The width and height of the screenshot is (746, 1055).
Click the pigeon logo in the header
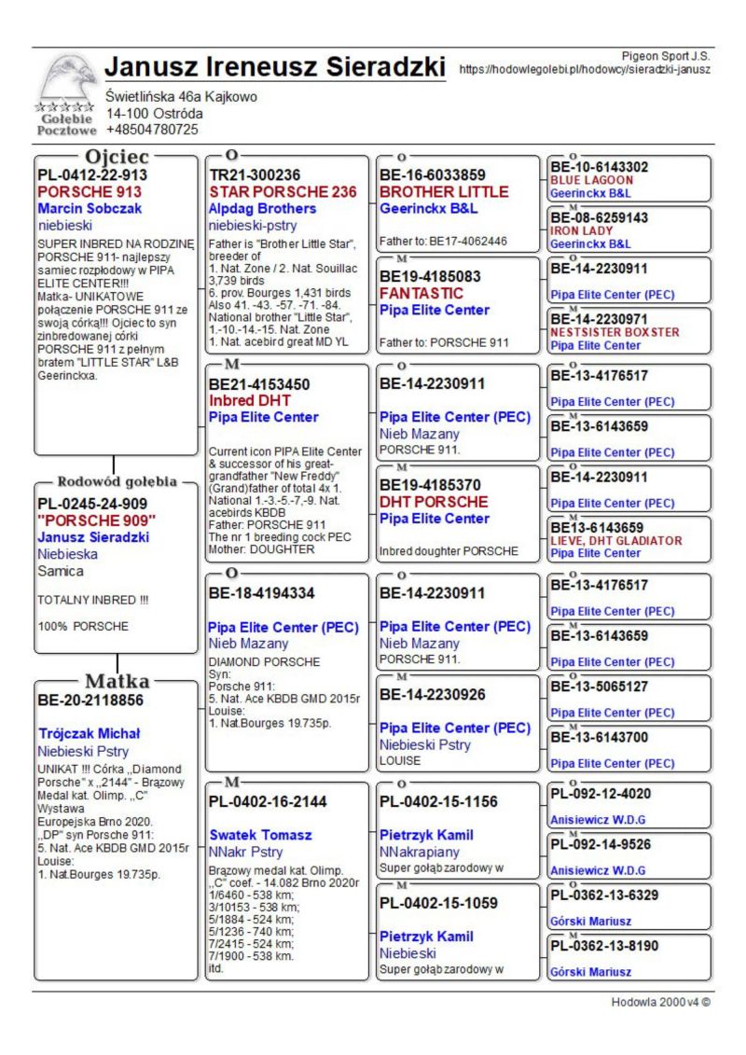(65, 79)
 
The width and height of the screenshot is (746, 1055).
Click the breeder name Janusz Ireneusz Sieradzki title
(276, 68)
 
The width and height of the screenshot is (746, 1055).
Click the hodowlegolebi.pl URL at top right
(585, 69)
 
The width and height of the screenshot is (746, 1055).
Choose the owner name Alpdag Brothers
(262, 208)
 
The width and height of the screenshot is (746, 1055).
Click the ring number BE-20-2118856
(92, 699)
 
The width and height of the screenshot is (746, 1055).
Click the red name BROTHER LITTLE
(443, 191)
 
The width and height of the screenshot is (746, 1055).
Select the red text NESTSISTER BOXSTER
(615, 331)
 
